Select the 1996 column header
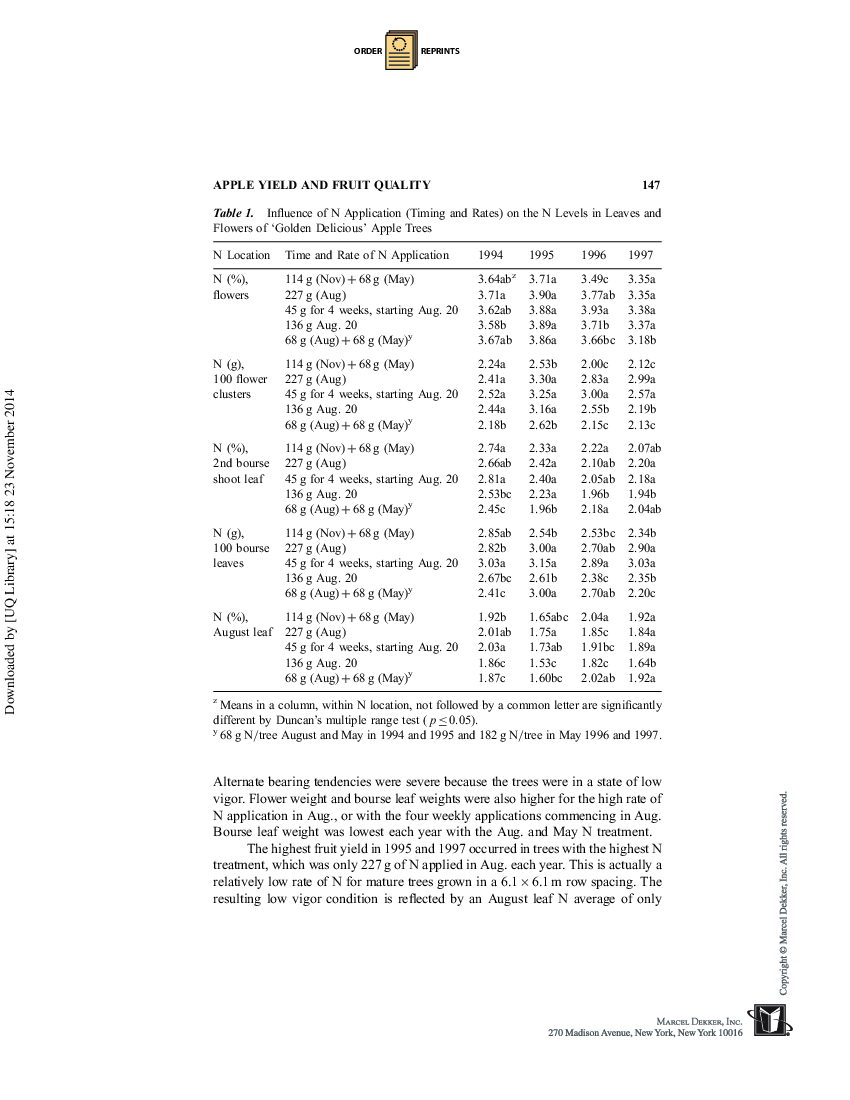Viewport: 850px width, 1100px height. click(593, 255)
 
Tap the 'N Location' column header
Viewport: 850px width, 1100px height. click(242, 255)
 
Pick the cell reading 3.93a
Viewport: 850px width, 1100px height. click(595, 310)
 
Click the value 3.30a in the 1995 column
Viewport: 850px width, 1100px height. click(543, 380)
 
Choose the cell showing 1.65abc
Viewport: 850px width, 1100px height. click(549, 618)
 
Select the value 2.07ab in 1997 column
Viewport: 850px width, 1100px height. click(644, 449)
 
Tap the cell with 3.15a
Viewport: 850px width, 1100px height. click(543, 563)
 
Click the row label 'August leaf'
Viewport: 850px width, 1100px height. click(243, 632)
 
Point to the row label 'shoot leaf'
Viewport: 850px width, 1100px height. click(239, 479)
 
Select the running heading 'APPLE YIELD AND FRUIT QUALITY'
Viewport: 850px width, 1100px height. click(322, 185)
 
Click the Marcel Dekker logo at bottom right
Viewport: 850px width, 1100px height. click(771, 1021)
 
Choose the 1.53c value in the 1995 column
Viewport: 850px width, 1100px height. click(543, 663)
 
